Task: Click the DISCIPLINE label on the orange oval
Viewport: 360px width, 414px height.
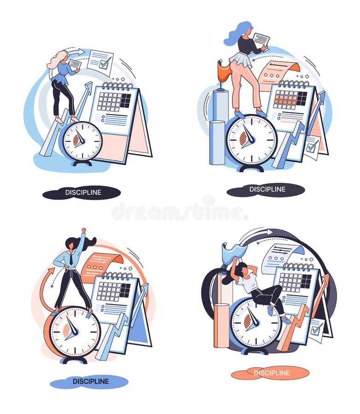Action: (271, 373)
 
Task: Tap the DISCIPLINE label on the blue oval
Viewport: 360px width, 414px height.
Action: (90, 381)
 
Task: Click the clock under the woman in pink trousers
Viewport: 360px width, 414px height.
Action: (251, 140)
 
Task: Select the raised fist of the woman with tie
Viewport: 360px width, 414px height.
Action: (83, 230)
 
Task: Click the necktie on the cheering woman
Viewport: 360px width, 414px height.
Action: (71, 259)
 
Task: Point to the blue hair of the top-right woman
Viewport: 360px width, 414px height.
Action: (236, 34)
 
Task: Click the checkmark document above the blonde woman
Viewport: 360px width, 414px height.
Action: (100, 61)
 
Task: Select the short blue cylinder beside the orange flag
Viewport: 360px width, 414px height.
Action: (217, 142)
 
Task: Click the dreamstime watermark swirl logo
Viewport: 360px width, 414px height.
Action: (208, 201)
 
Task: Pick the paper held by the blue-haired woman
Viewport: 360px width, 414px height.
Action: (261, 40)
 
